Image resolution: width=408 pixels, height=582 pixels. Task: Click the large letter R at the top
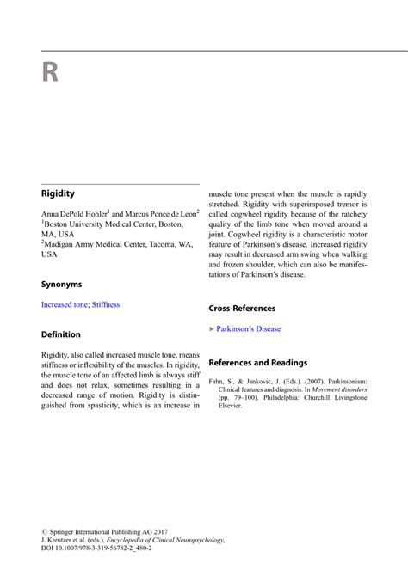[x=50, y=72]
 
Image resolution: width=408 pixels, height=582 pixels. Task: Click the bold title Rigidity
[x=59, y=194]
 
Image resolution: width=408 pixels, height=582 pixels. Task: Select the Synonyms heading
[x=62, y=283]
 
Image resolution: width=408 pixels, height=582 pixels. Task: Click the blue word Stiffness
[x=106, y=304]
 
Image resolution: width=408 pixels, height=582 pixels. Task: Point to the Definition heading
[x=61, y=334]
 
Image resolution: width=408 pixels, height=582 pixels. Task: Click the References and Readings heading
[x=257, y=363]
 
